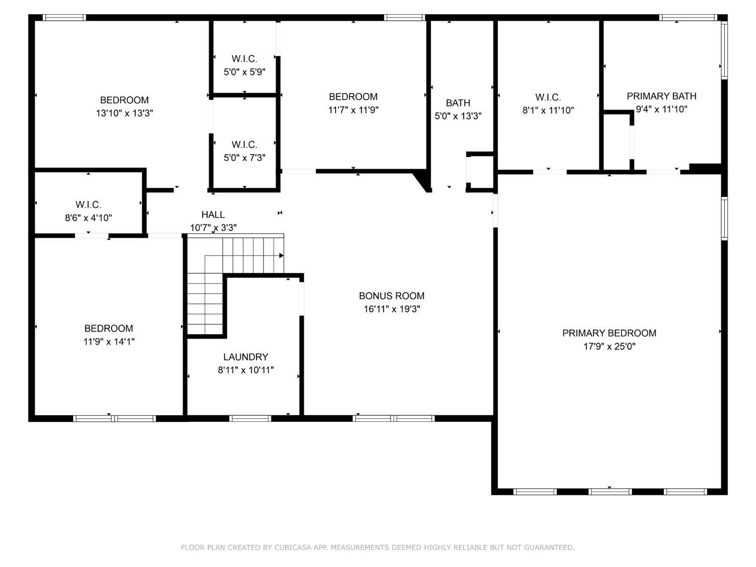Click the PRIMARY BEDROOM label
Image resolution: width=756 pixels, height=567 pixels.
pyautogui.click(x=609, y=333)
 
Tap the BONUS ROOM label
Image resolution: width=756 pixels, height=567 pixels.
pyautogui.click(x=392, y=296)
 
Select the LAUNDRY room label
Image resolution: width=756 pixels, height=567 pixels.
pyautogui.click(x=245, y=357)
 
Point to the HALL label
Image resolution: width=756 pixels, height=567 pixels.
pyautogui.click(x=213, y=215)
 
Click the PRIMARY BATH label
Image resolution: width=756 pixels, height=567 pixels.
pyautogui.click(x=661, y=96)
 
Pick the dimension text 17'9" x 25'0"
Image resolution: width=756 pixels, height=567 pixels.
pyautogui.click(x=609, y=346)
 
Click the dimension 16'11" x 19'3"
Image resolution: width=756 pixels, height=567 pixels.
pyautogui.click(x=392, y=309)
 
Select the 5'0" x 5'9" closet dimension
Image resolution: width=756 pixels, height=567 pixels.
pyautogui.click(x=244, y=72)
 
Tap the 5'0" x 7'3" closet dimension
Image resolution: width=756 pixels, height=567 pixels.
pyautogui.click(x=244, y=158)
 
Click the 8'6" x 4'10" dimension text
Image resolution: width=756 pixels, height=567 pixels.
pyautogui.click(x=88, y=218)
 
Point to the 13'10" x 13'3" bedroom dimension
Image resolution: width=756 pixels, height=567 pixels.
pyautogui.click(x=124, y=113)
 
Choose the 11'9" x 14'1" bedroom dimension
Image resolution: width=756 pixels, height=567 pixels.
pyautogui.click(x=109, y=341)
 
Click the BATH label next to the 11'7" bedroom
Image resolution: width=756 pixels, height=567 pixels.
pyautogui.click(x=458, y=103)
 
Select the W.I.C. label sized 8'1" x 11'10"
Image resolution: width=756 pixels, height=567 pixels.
pyautogui.click(x=548, y=97)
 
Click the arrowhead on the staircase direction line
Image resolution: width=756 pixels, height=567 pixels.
pyautogui.click(x=281, y=256)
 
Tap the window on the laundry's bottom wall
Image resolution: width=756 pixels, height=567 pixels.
pyautogui.click(x=250, y=418)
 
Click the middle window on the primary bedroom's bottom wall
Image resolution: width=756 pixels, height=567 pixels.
pyautogui.click(x=610, y=491)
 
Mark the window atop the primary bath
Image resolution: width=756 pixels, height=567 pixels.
pyautogui.click(x=688, y=18)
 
